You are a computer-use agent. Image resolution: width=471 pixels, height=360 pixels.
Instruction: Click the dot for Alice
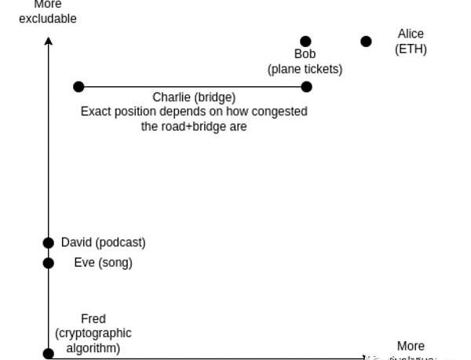point(366,42)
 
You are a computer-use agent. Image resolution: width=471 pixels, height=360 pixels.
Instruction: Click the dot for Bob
point(305,42)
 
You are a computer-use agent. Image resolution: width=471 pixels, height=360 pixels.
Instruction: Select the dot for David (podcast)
point(49,243)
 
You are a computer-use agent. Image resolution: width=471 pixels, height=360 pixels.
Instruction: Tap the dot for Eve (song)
point(49,263)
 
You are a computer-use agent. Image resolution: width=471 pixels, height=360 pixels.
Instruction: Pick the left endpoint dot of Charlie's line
point(78,87)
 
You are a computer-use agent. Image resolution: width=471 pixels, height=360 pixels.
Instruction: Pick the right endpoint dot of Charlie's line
point(306,87)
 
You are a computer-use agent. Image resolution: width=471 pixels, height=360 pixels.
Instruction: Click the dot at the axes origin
point(49,354)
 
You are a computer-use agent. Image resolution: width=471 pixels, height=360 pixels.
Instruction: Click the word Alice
point(411,34)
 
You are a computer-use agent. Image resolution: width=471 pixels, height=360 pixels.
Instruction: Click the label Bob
point(305,54)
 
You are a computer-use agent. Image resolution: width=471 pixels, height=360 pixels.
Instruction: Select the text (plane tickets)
point(305,69)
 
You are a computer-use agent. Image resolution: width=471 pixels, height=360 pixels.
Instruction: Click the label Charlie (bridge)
point(194,98)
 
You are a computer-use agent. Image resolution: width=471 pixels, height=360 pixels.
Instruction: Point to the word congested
point(279,111)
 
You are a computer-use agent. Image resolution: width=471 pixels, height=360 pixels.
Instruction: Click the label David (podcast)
point(103,242)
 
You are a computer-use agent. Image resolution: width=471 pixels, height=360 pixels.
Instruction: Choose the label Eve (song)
point(97,263)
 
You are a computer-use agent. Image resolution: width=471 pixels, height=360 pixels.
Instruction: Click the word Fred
point(93,318)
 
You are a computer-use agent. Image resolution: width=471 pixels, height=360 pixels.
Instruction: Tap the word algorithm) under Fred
point(93,347)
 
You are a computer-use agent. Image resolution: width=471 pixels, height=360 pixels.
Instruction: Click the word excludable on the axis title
point(48,18)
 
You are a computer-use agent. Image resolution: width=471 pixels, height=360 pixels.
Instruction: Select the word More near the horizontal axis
point(411,346)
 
